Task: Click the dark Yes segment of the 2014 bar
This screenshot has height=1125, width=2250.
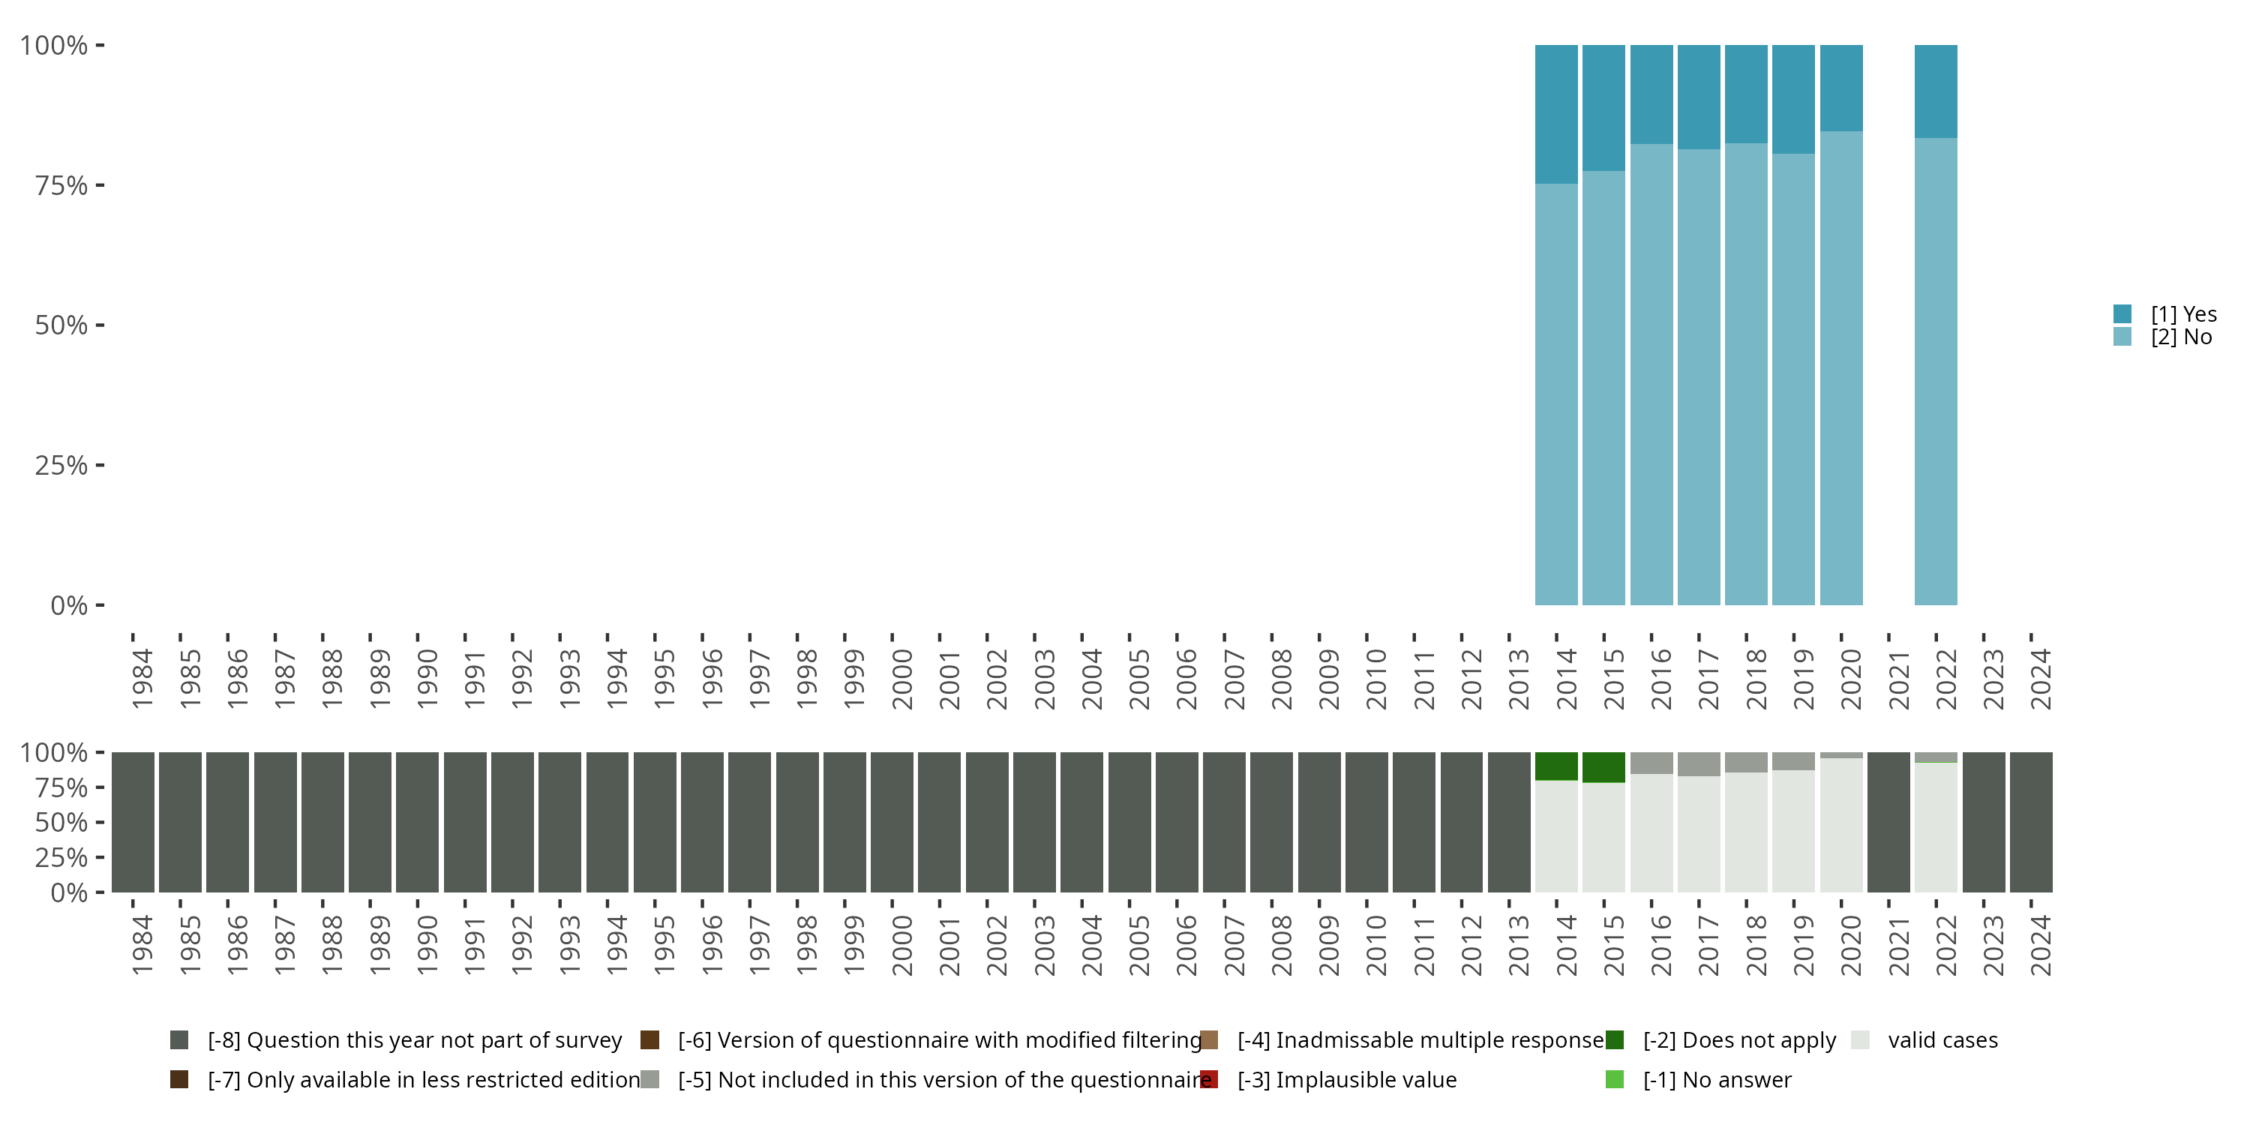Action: pyautogui.click(x=1556, y=113)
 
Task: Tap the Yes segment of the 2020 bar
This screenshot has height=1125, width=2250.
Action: pyautogui.click(x=1841, y=87)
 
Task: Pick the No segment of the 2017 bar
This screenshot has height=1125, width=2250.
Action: pyautogui.click(x=1699, y=376)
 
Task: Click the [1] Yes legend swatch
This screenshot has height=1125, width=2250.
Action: pyautogui.click(x=2122, y=313)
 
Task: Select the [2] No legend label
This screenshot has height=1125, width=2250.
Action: pyautogui.click(x=2181, y=337)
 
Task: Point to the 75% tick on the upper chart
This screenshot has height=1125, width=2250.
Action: pyautogui.click(x=99, y=185)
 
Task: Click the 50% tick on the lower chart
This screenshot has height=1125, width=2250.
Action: pyautogui.click(x=99, y=822)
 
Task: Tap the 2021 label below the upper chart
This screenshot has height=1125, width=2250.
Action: pyautogui.click(x=1899, y=679)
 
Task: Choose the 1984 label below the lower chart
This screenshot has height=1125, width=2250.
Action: pyautogui.click(x=142, y=945)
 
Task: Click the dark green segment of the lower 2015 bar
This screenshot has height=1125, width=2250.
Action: pyautogui.click(x=1603, y=767)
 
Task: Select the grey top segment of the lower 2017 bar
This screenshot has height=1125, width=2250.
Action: pyautogui.click(x=1699, y=764)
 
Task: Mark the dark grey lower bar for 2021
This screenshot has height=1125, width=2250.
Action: pyautogui.click(x=1888, y=822)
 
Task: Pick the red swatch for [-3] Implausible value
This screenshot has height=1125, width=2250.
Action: pyautogui.click(x=1209, y=1079)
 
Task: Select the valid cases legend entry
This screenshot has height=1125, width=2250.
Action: pyautogui.click(x=1942, y=1040)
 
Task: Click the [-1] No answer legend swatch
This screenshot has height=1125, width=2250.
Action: pyautogui.click(x=1614, y=1079)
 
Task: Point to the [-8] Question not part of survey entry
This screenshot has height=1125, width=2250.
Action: pyautogui.click(x=414, y=1040)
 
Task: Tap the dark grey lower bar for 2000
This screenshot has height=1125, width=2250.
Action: pyautogui.click(x=892, y=822)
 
